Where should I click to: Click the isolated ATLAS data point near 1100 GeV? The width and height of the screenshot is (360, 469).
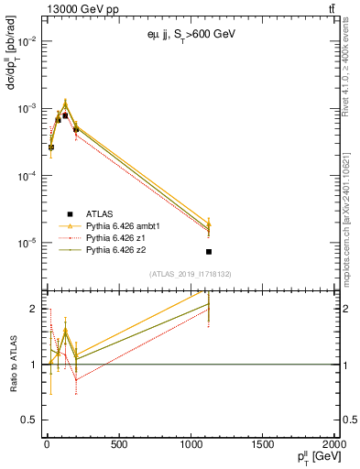tap(209, 251)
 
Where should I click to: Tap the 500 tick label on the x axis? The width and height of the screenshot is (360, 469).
tap(118, 446)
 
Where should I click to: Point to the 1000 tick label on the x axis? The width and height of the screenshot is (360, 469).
tap(191, 446)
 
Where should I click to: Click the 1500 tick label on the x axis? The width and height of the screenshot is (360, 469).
tap(263, 446)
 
